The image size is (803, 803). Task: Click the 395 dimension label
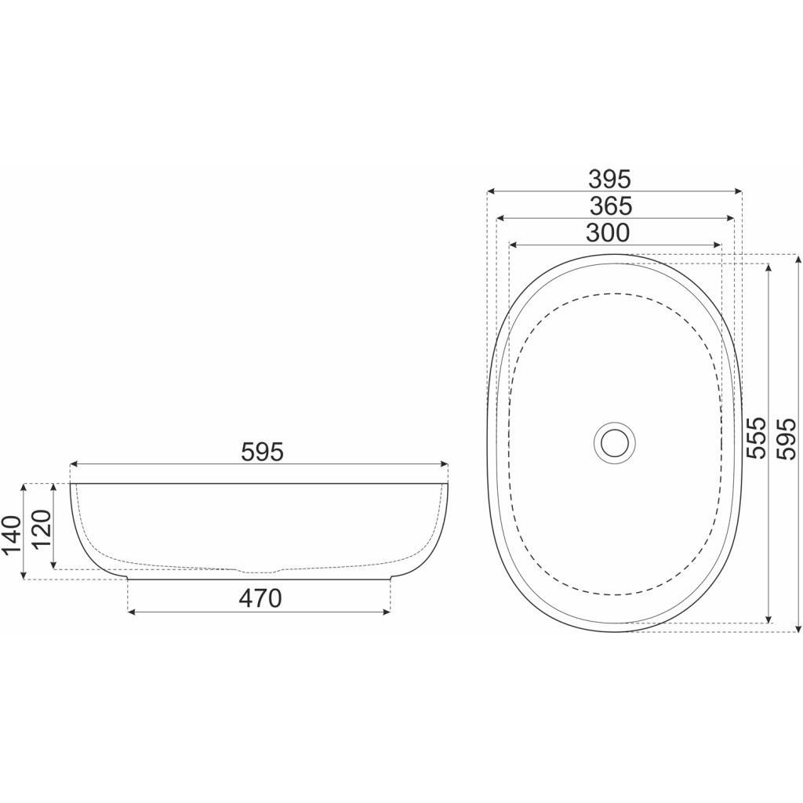[x=609, y=180]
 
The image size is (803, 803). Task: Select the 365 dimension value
[x=611, y=206]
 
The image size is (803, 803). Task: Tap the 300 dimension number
[x=608, y=234]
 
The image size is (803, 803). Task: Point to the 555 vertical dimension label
[x=755, y=437]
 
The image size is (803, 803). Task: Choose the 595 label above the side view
[x=262, y=452]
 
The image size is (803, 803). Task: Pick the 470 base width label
[x=260, y=598]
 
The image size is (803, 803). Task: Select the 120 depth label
[x=42, y=529]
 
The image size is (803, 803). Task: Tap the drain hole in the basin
[x=615, y=443]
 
